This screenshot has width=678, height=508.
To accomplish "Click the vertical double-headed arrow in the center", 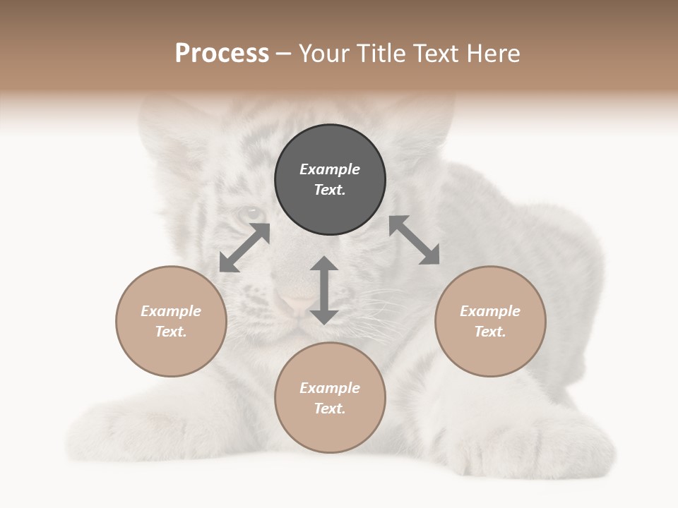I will pos(324,290).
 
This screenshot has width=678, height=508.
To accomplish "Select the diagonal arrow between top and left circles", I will pos(244,248).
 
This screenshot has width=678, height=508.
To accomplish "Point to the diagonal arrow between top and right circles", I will pos(415,240).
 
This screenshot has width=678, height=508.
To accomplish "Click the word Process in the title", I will pos(222,54).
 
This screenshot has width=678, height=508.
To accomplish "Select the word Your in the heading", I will pos(324,54).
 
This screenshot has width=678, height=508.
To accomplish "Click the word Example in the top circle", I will pos(330,169).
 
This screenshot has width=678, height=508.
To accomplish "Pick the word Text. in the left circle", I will pos(171,332).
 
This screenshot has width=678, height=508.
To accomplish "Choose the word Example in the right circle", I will pos(490,311).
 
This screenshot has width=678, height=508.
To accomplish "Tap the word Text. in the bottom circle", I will pos(330,409).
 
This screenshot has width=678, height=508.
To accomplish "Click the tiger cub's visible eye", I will pos(251,212).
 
